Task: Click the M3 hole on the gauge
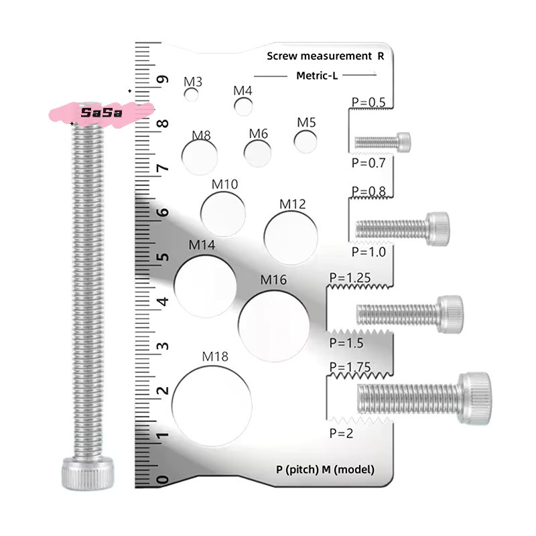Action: [x=191, y=94]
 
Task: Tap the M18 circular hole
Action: [x=212, y=406]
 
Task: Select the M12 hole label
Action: [x=292, y=204]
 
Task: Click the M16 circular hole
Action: [x=274, y=326]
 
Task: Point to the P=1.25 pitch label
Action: [x=350, y=277]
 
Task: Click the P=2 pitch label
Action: [x=341, y=433]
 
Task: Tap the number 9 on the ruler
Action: [x=163, y=80]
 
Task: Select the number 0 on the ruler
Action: [x=163, y=480]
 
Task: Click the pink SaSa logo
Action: [x=101, y=113]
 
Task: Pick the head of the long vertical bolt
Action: [x=88, y=473]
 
